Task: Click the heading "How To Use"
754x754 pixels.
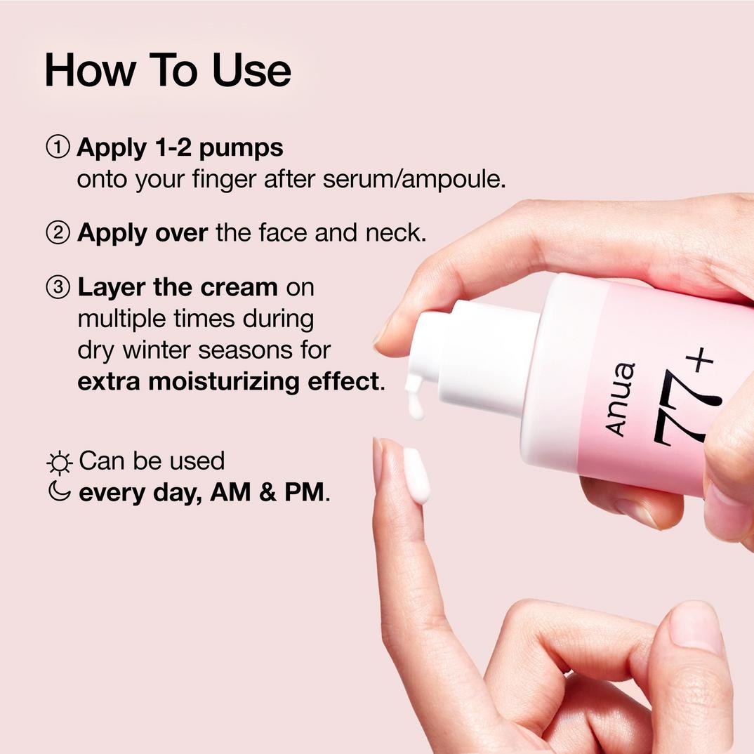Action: pyautogui.click(x=168, y=71)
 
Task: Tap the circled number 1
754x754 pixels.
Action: pyautogui.click(x=58, y=147)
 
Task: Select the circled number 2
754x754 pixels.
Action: pyautogui.click(x=58, y=233)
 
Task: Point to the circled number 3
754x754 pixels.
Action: pyautogui.click(x=58, y=287)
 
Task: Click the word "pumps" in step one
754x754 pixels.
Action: pyautogui.click(x=241, y=149)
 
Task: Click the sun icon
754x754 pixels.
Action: pyautogui.click(x=60, y=463)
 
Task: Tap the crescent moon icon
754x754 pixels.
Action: pyautogui.click(x=60, y=491)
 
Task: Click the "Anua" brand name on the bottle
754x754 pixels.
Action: pyautogui.click(x=621, y=400)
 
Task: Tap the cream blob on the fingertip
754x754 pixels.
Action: pyautogui.click(x=416, y=476)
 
